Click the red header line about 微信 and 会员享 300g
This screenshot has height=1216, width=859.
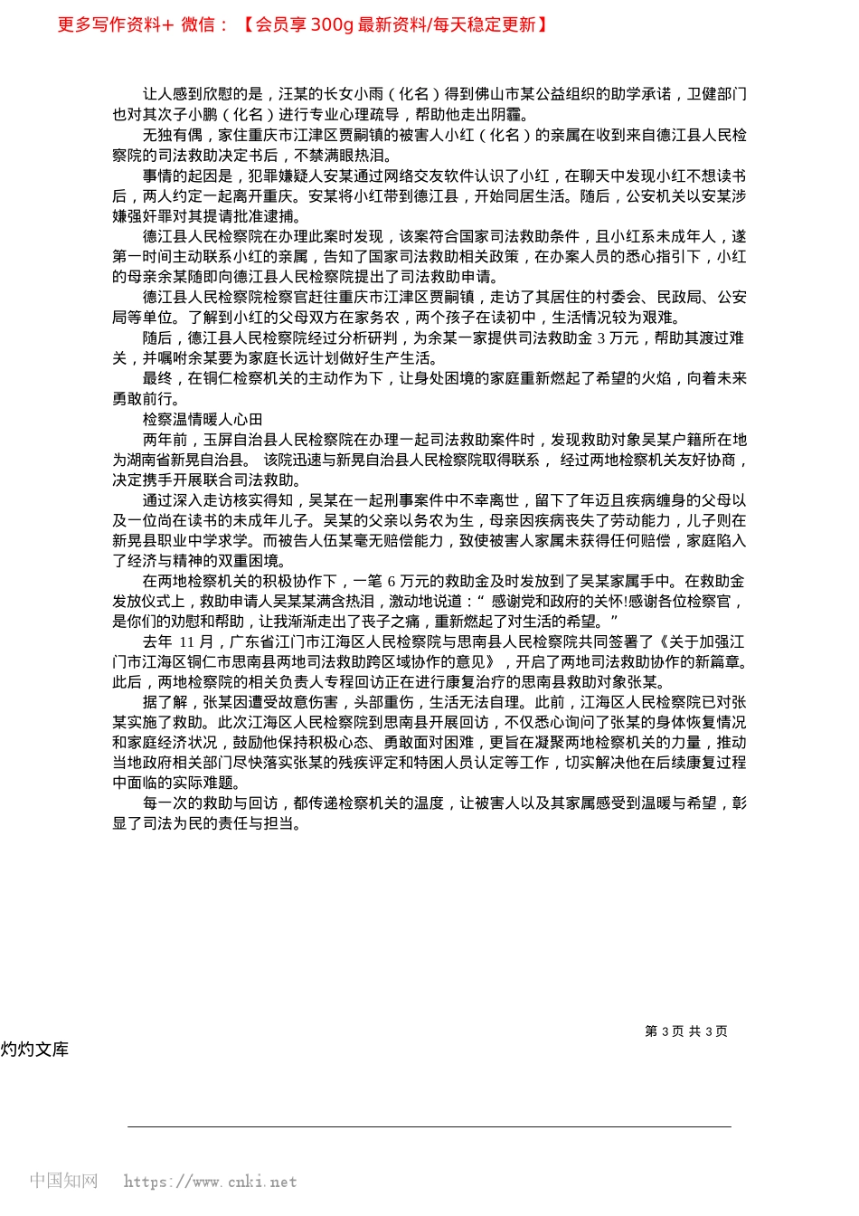[x=302, y=24]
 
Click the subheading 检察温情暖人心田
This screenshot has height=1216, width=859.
[x=203, y=419]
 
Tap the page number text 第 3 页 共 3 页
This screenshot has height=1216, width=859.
[x=685, y=1031]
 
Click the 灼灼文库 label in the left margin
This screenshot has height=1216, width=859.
[x=34, y=1050]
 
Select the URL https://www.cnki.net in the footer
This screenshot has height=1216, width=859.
[x=210, y=1182]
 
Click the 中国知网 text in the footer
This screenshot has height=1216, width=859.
[x=63, y=1181]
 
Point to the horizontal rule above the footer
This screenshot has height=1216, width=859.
[x=429, y=1126]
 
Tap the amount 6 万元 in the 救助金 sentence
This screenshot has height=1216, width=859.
[x=408, y=581]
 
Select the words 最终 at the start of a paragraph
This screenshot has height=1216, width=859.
[x=157, y=378]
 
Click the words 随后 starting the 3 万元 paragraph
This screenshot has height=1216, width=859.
[x=157, y=337]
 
